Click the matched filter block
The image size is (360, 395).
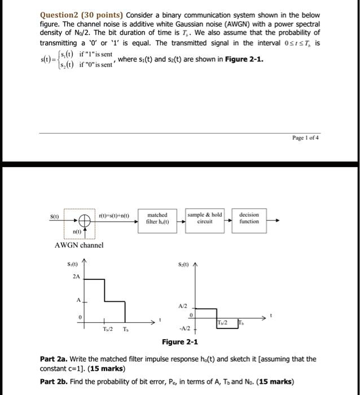click(x=157, y=218)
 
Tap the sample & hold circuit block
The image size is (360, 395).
click(x=204, y=218)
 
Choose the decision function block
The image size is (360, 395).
click(x=249, y=218)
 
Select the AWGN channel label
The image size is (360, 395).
click(x=79, y=245)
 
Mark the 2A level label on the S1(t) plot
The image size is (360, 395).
click(x=76, y=276)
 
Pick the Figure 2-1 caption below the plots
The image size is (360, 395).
click(x=180, y=342)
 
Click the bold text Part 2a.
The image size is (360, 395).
click(x=55, y=359)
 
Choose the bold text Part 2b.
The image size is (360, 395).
click(x=55, y=381)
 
